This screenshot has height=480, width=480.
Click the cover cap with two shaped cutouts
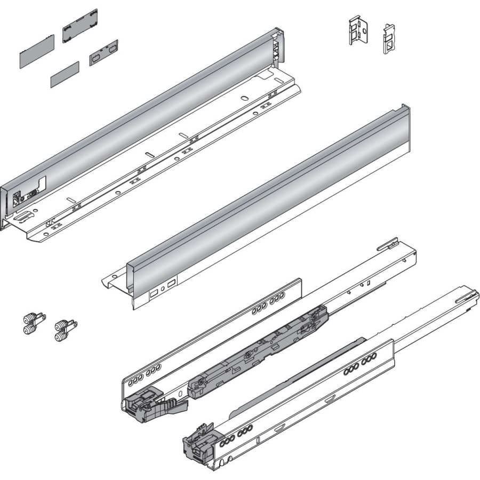[103, 52]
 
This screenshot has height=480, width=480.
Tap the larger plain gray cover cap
[37, 52]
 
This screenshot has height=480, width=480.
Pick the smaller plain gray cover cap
[65, 74]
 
